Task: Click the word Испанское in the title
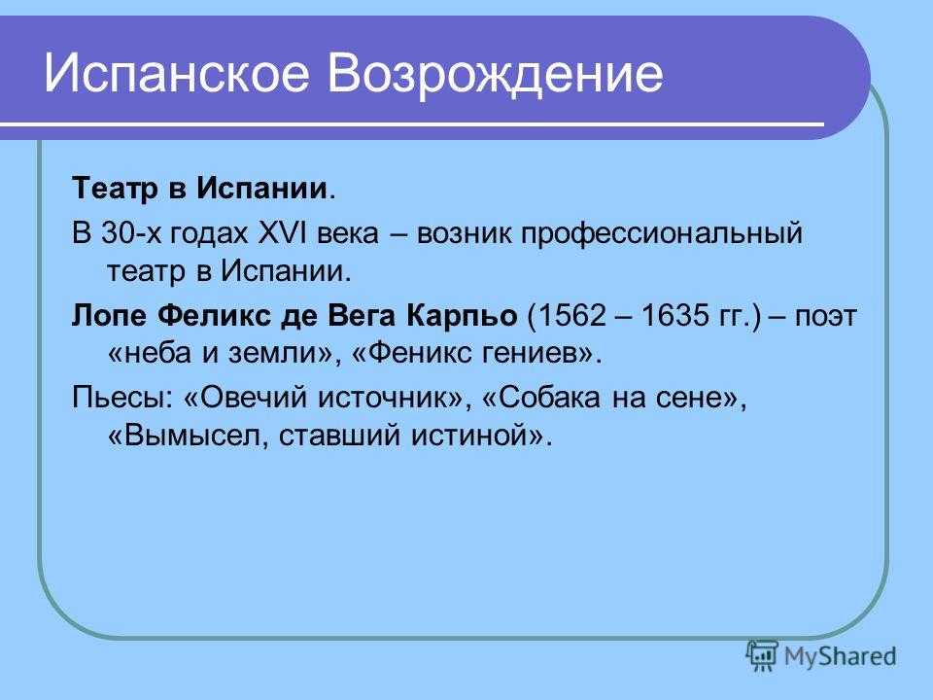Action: (177, 75)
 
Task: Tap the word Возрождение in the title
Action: (495, 75)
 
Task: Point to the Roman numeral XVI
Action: (280, 232)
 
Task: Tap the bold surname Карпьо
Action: (462, 316)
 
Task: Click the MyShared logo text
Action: (840, 656)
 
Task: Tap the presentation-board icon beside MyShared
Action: (762, 655)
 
